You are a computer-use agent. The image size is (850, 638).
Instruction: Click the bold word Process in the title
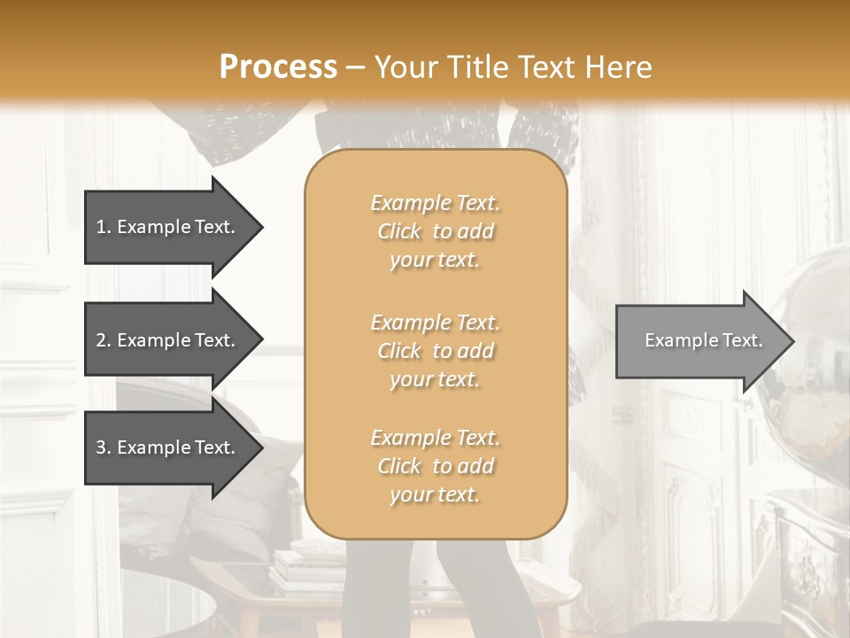coord(278,67)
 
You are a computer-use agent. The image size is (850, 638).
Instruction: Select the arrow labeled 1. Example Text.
coord(168,227)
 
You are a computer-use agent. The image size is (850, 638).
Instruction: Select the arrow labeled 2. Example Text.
coord(168,340)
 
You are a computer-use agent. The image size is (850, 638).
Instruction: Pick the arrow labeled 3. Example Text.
coord(168,447)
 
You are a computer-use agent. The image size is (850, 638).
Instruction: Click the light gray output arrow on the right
coord(699,340)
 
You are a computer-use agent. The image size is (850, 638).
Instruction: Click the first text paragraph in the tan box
coord(436,231)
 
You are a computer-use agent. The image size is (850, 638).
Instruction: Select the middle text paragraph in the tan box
coord(436,351)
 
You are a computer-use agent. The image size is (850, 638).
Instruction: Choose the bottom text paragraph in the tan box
coord(436,466)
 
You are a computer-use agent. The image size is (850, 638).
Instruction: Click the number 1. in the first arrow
coord(104,227)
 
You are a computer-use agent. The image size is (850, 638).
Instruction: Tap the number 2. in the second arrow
coord(104,340)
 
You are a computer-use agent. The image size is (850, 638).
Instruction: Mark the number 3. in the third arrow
coord(104,447)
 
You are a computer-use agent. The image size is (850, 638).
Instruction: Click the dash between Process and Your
coord(356,67)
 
